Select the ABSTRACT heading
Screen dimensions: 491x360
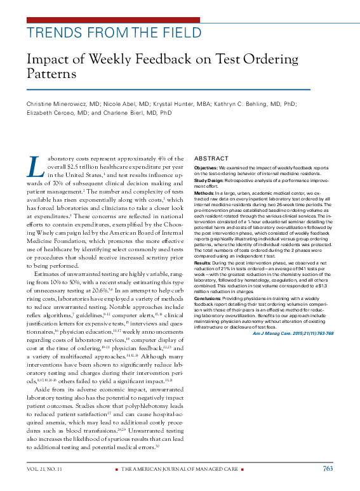211,158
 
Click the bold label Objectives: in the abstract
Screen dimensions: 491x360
206,167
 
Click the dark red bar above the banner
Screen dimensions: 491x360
114,20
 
